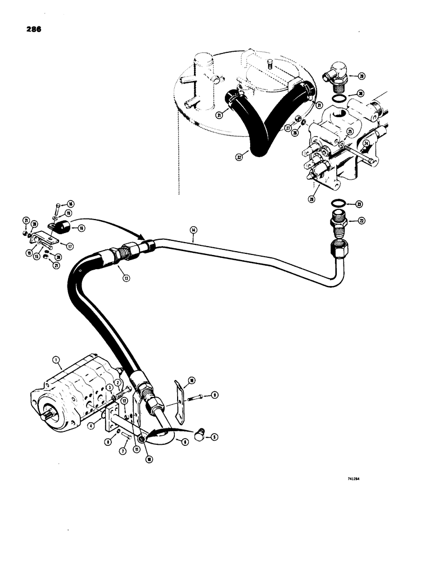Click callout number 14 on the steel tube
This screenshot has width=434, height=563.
point(193,230)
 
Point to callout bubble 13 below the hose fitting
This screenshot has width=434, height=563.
point(119,278)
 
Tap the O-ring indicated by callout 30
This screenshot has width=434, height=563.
point(337,100)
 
